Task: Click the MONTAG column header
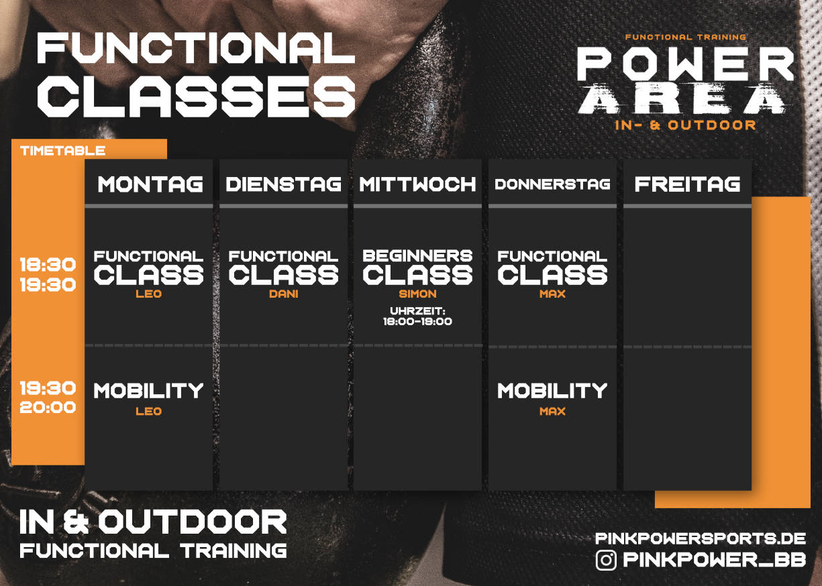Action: pyautogui.click(x=150, y=184)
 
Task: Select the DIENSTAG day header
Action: pyautogui.click(x=283, y=184)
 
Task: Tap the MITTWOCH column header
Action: pyautogui.click(x=417, y=184)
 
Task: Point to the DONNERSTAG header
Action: pyautogui.click(x=552, y=184)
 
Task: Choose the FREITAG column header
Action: pyautogui.click(x=687, y=184)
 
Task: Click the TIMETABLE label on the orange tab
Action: pyautogui.click(x=63, y=151)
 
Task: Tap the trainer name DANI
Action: pyautogui.click(x=283, y=294)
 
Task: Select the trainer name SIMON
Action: pyautogui.click(x=417, y=294)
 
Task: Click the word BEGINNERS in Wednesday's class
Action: pyautogui.click(x=417, y=255)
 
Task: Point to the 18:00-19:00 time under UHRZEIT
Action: pyautogui.click(x=417, y=322)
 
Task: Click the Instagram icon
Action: pyautogui.click(x=606, y=560)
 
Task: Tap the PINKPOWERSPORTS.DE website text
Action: pyautogui.click(x=700, y=538)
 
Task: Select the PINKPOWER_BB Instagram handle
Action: pyautogui.click(x=714, y=560)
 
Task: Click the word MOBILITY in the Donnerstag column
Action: pyautogui.click(x=552, y=390)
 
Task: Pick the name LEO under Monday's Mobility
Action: pyautogui.click(x=148, y=411)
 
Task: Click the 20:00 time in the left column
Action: pyautogui.click(x=48, y=407)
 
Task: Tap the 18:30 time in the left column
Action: pyautogui.click(x=48, y=264)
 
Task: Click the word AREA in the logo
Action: pyautogui.click(x=682, y=99)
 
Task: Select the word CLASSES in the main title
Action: pyautogui.click(x=197, y=97)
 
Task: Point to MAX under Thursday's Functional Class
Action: pyautogui.click(x=552, y=294)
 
